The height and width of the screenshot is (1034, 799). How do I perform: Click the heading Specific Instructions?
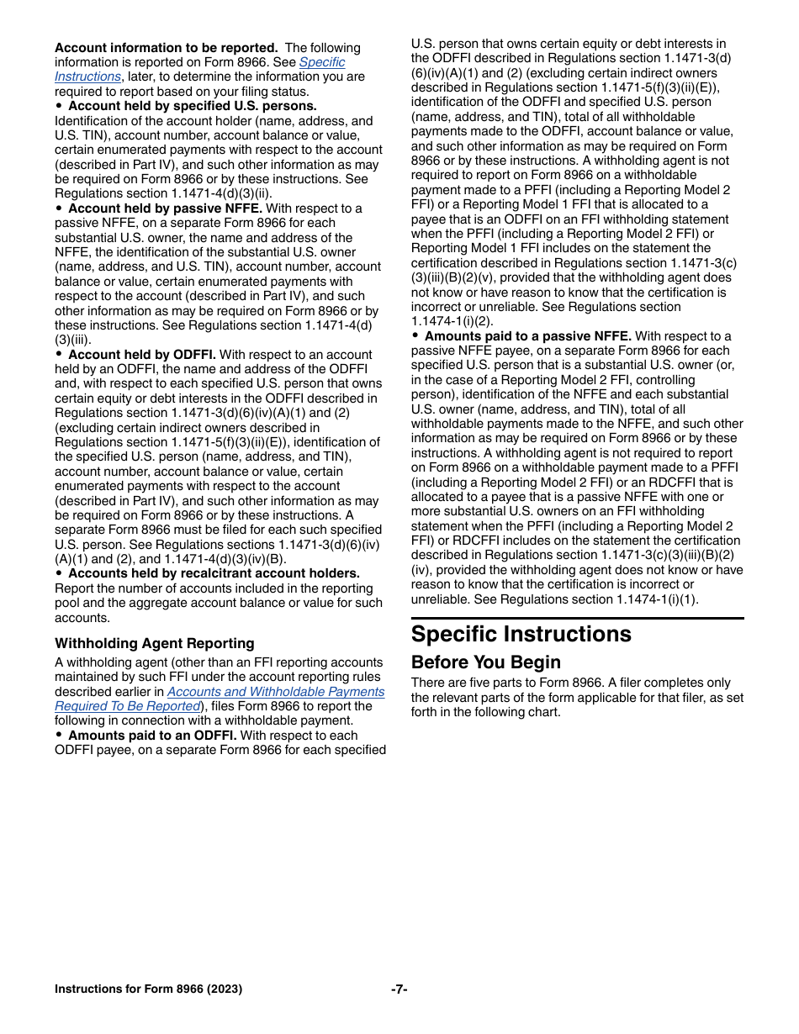click(x=521, y=634)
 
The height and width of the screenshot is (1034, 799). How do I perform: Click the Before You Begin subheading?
click(x=485, y=662)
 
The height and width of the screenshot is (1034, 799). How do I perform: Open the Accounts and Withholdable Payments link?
click(x=275, y=692)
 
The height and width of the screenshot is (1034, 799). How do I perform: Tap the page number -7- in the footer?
click(x=399, y=989)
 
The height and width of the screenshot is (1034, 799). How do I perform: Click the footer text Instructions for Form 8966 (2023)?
click(x=148, y=989)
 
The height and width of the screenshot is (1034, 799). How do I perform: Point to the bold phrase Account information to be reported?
click(x=166, y=48)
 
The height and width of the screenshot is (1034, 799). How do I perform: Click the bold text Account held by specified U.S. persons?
click(x=192, y=106)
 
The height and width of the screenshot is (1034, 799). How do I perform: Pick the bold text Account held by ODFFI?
click(x=141, y=355)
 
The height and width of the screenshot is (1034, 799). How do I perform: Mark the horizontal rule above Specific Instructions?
click(x=577, y=618)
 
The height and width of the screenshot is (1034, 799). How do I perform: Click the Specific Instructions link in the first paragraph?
click(x=321, y=62)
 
